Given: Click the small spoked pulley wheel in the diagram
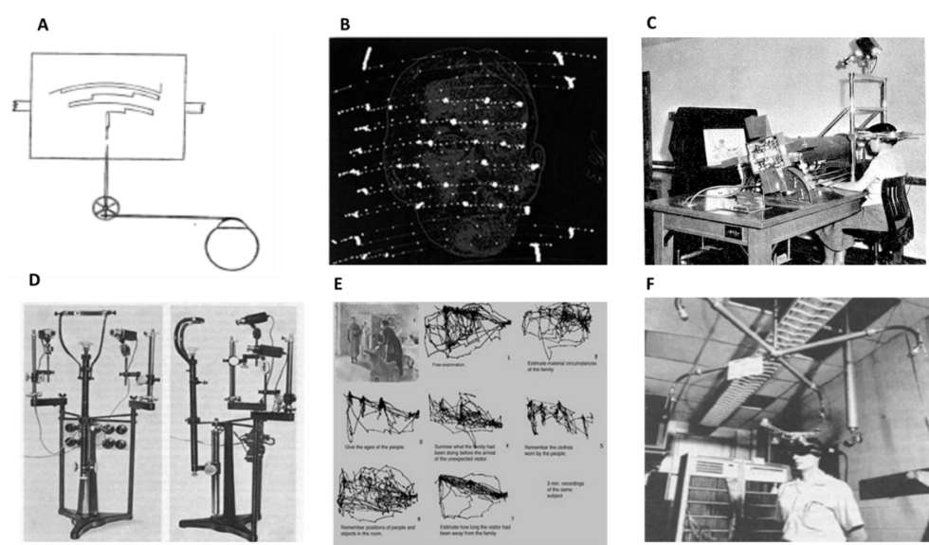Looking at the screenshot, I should click(104, 208).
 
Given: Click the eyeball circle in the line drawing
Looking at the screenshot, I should click(230, 245).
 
